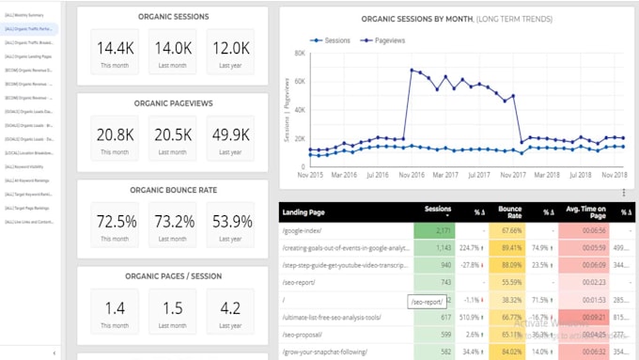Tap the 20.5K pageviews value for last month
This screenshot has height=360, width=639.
pos(172,135)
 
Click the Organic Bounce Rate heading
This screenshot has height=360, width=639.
pos(172,189)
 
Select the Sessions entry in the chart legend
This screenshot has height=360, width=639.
pos(331,40)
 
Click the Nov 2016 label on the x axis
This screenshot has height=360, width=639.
pos(413,175)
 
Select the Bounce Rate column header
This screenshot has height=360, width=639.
pos(509,213)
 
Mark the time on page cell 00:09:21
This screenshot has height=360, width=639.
pos(581,318)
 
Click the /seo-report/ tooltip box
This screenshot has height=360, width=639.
pos(426,301)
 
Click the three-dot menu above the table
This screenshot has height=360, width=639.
pos(623,193)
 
